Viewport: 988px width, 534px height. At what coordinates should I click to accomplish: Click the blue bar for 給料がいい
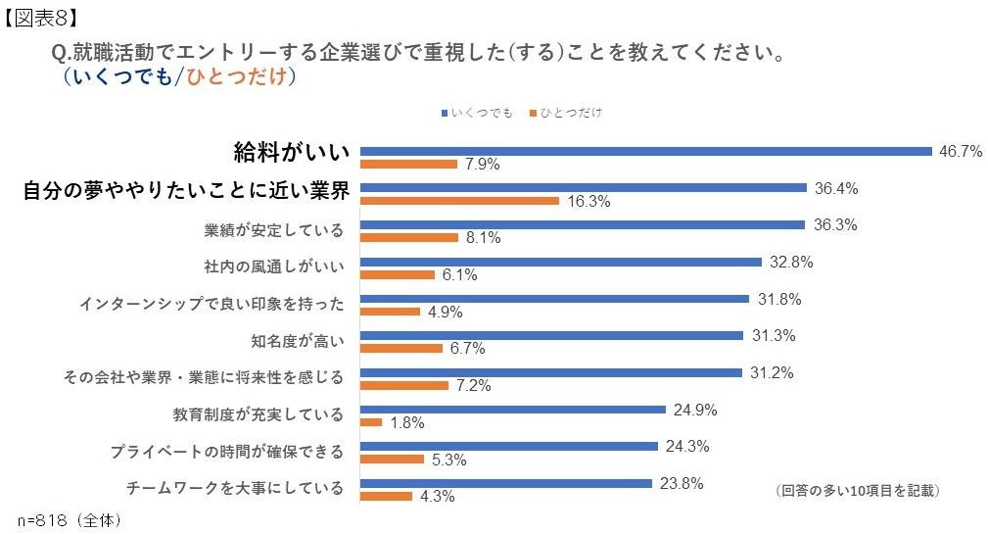point(645,151)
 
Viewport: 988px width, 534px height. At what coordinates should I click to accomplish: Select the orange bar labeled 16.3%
point(459,201)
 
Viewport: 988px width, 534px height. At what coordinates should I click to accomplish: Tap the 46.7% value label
point(960,151)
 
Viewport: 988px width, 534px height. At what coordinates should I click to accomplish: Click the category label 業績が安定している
point(274,230)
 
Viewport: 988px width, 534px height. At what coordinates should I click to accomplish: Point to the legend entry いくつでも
point(479,113)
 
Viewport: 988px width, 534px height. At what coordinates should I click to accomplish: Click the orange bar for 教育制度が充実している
point(371,422)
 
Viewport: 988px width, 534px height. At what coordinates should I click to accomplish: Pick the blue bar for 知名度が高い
point(551,335)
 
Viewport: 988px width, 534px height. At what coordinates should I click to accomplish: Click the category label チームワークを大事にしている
point(235,487)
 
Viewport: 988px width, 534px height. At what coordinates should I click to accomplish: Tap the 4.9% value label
point(444,313)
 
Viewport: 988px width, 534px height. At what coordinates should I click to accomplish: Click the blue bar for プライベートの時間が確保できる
point(508,446)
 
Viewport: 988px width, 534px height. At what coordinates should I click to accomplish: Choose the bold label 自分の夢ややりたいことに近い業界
point(186,191)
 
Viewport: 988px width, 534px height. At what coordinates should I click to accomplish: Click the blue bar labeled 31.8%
point(554,299)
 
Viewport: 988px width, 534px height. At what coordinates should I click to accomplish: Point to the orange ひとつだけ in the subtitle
point(239,76)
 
